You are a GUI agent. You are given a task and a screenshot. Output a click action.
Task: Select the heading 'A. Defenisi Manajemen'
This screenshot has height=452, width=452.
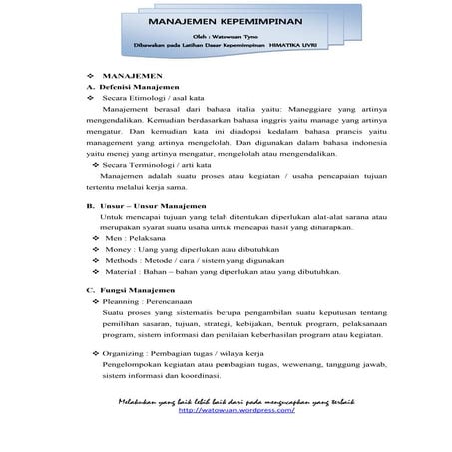pos(130,88)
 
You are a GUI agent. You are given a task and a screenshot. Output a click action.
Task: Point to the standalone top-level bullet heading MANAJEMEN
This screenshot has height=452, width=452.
pos(134,76)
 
